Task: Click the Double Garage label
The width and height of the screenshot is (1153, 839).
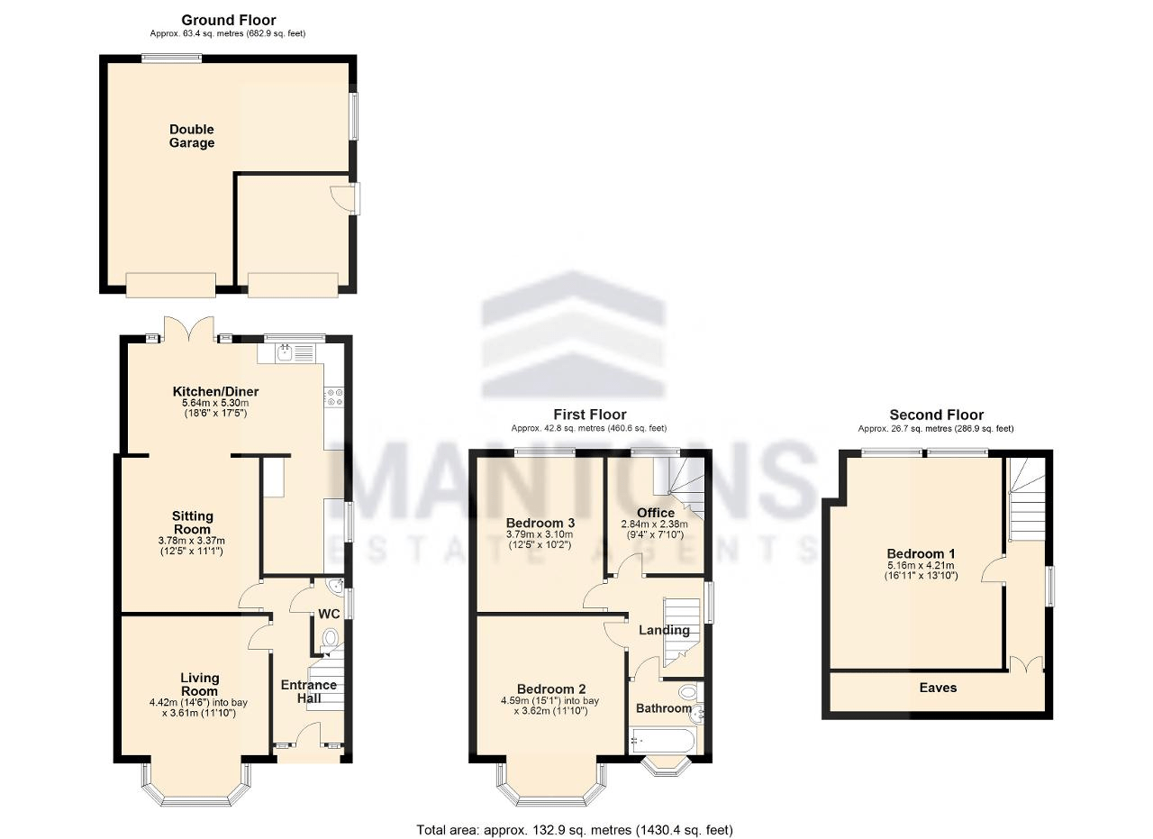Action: click(x=192, y=136)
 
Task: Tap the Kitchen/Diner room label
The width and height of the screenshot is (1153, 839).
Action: click(x=215, y=391)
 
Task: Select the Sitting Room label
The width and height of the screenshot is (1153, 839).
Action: click(x=191, y=523)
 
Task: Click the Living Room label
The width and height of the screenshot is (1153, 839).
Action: click(x=199, y=684)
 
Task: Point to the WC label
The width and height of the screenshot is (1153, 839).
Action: click(x=329, y=614)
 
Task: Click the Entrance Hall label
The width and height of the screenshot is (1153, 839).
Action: click(x=309, y=691)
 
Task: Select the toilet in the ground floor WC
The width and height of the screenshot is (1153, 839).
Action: click(x=331, y=640)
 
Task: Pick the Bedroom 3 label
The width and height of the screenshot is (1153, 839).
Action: click(x=540, y=523)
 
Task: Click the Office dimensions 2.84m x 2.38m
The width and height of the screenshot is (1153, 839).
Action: click(x=654, y=524)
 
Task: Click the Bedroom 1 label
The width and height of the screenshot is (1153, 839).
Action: click(x=921, y=553)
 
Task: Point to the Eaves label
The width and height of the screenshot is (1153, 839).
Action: click(x=938, y=688)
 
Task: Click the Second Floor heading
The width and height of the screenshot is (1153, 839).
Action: click(x=937, y=415)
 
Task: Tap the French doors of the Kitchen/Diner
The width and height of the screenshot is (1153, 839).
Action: click(x=187, y=330)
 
